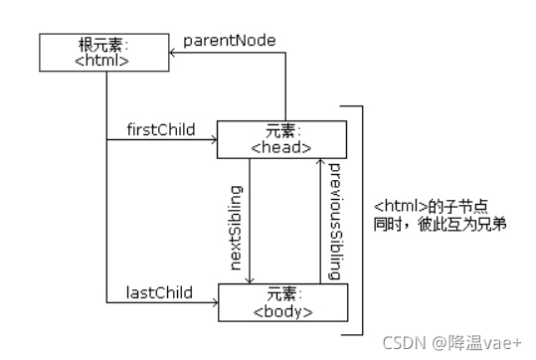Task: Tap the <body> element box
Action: pyautogui.click(x=281, y=302)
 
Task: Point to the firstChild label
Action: pyautogui.click(x=160, y=129)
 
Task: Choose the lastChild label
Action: pyautogui.click(x=159, y=291)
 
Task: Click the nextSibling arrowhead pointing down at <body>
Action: pyautogui.click(x=252, y=279)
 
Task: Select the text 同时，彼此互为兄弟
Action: pyautogui.click(x=441, y=224)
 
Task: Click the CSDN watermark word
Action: pyautogui.click(x=404, y=342)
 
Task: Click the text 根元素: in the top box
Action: pyautogui.click(x=104, y=46)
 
